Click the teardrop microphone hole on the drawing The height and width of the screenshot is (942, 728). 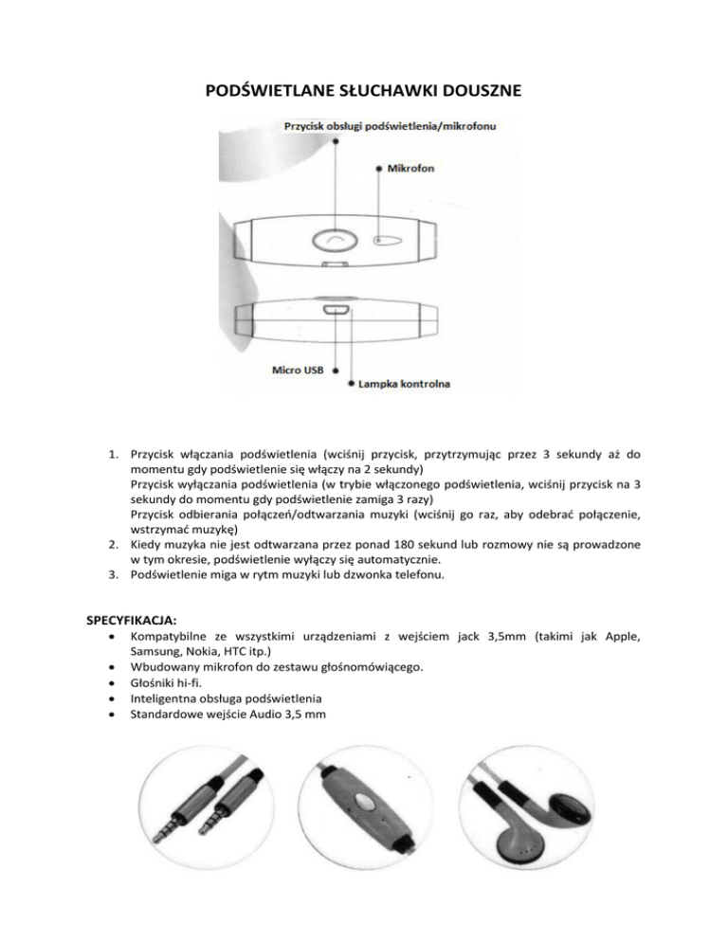(x=387, y=240)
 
